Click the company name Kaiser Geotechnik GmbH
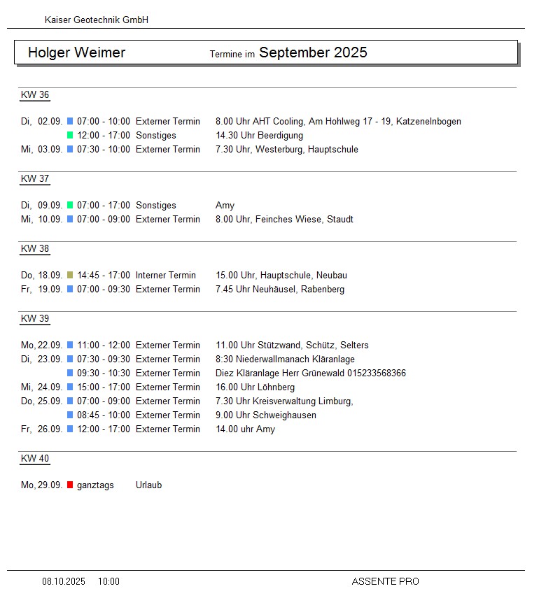tap(96, 20)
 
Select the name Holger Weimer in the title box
tap(76, 52)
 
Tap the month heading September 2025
tap(313, 52)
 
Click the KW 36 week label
tap(35, 95)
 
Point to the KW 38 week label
tap(35, 249)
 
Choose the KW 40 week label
tap(35, 459)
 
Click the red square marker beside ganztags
tap(70, 485)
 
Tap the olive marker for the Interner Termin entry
tap(70, 275)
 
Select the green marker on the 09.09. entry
tap(70, 205)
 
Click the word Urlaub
tap(148, 485)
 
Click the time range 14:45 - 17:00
tap(104, 275)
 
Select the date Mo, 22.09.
tap(42, 345)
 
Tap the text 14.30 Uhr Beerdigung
tap(259, 135)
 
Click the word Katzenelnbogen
tap(428, 121)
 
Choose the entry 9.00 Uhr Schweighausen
tap(265, 415)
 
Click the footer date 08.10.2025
tap(64, 581)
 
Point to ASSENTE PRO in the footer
tap(385, 581)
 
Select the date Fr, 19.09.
tap(42, 289)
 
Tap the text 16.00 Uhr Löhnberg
tap(255, 387)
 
